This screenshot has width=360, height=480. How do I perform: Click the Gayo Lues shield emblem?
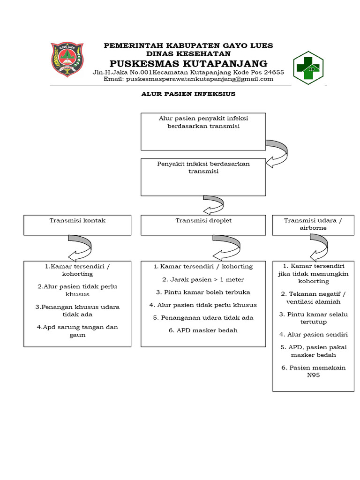coord(67,60)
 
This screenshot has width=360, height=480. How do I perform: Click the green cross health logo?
coord(308,67)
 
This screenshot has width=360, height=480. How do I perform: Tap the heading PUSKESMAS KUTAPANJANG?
coord(188,63)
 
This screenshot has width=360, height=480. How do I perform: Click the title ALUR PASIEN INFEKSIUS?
coord(188,94)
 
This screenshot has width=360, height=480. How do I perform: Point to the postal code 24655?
coord(273,72)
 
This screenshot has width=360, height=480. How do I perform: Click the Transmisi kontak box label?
coord(77,220)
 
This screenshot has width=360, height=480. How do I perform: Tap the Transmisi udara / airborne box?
coord(314,224)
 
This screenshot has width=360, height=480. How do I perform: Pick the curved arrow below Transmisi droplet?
coord(225,247)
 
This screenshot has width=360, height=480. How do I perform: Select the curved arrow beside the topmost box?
coord(277,152)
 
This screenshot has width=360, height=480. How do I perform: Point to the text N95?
coord(313,375)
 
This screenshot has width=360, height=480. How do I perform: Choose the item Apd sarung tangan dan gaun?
coord(77,331)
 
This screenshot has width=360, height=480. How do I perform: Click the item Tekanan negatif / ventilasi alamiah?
coord(313,298)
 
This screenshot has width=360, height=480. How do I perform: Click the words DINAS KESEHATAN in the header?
coord(188,54)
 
